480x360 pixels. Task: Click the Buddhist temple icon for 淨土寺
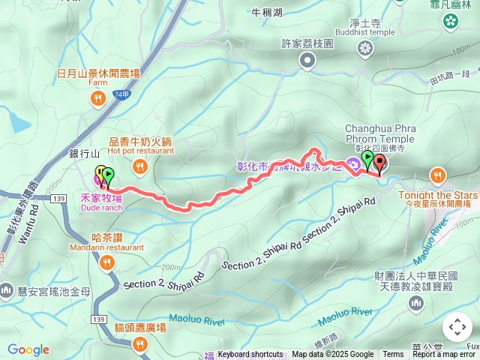click(x=365, y=49)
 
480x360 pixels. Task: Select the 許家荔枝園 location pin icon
click(x=307, y=59)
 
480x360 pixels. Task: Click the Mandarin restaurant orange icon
click(x=107, y=262)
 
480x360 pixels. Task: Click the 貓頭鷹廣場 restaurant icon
click(x=140, y=343)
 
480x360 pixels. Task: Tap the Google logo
click(x=28, y=350)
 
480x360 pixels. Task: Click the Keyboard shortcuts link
click(x=250, y=355)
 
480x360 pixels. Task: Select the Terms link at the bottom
click(x=393, y=355)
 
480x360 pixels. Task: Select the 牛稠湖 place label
click(x=268, y=12)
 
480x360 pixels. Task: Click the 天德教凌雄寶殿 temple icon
click(x=416, y=302)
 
